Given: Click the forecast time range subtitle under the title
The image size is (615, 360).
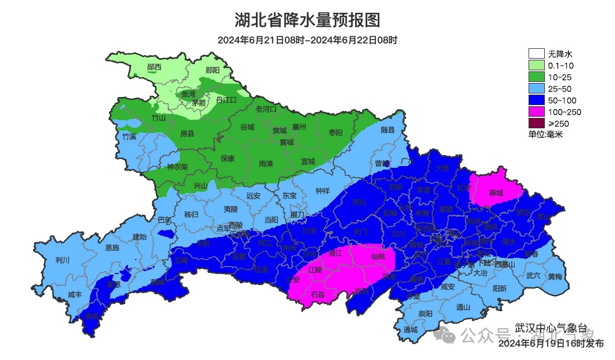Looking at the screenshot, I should tap(307, 41).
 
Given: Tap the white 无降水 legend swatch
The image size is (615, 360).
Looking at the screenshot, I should tap(536, 53).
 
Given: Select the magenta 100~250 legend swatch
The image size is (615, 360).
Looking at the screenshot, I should tap(536, 111).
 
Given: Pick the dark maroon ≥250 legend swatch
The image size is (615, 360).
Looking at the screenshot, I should tap(536, 123).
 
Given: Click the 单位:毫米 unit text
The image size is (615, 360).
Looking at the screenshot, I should tap(545, 134).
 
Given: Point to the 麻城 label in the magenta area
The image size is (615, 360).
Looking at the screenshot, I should tap(496, 193).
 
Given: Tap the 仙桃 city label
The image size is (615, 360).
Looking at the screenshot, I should tap(378, 256).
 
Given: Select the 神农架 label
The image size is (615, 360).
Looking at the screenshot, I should tap(178, 167).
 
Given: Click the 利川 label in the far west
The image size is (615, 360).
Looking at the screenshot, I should tap(62, 260).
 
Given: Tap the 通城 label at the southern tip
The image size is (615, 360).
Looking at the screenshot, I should tap(411, 330).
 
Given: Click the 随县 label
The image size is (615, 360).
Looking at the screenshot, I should tap(388, 130).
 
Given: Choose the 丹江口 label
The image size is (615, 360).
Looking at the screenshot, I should tap(226, 100).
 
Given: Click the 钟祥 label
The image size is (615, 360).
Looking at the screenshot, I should tap(323, 191).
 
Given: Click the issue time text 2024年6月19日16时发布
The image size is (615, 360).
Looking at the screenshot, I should tap(551, 344).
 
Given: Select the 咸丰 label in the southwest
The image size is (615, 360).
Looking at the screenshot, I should tap(75, 295).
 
